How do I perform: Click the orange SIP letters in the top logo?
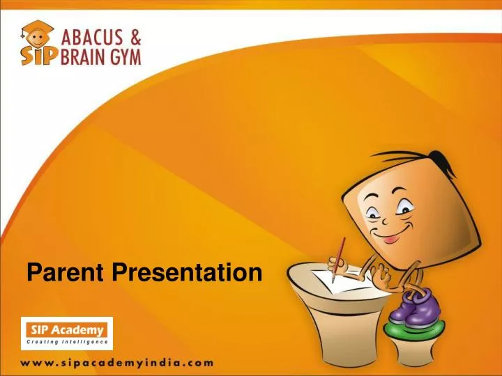click(38, 55)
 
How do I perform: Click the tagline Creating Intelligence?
click(67, 342)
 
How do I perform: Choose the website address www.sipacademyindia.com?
click(116, 362)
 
